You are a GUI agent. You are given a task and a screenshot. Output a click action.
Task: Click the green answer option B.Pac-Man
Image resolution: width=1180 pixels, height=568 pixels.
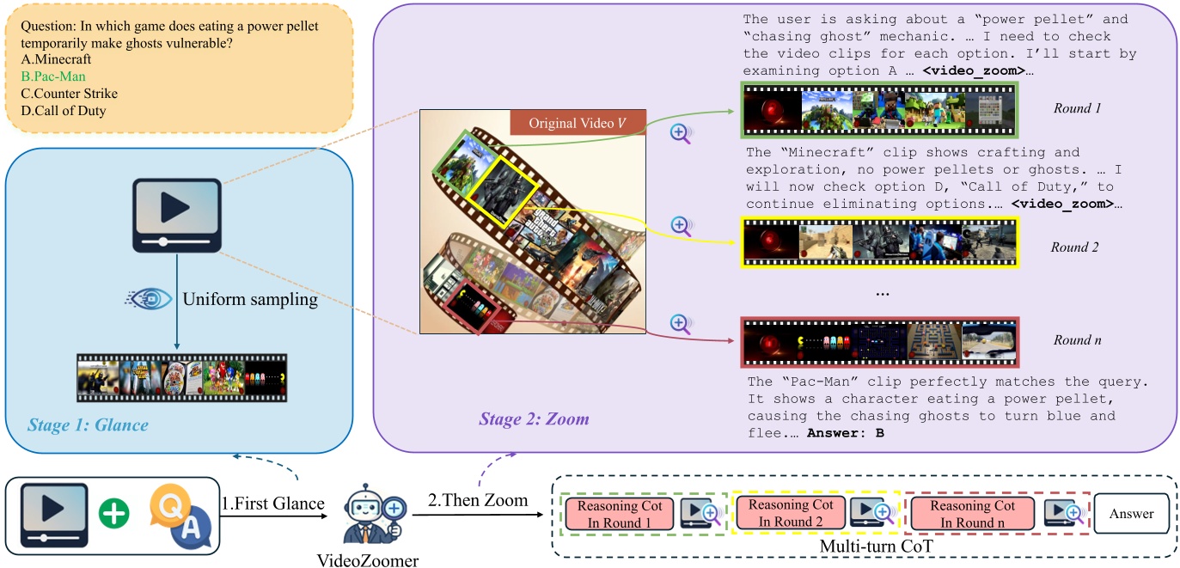[x=55, y=76]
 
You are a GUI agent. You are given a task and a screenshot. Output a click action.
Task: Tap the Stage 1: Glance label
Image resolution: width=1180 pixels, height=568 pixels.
[x=88, y=424]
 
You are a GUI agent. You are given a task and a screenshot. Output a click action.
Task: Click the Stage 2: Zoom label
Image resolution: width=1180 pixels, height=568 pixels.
[x=534, y=419]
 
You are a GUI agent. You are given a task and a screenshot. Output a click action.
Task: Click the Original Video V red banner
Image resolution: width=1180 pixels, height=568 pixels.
[x=578, y=123]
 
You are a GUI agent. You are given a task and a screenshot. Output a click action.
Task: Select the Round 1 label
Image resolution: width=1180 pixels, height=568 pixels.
[x=1077, y=108]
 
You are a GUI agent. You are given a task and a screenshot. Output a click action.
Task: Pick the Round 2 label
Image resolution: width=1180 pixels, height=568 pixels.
[x=1075, y=247]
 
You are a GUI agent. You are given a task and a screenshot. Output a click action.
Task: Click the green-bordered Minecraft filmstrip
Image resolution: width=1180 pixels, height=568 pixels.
[x=879, y=110]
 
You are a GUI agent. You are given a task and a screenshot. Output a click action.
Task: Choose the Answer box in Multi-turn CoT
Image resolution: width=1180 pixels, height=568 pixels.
[x=1130, y=514]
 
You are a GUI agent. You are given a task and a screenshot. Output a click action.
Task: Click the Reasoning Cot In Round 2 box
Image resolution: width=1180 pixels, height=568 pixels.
[x=790, y=514]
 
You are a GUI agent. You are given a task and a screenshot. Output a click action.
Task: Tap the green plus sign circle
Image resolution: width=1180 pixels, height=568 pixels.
[x=113, y=516]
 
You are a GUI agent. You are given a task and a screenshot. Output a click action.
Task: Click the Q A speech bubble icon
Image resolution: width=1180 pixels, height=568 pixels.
[x=177, y=516]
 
